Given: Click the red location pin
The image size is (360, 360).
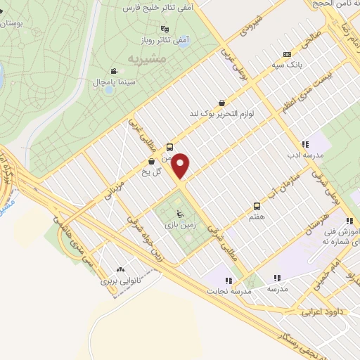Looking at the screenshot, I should pos(181,165).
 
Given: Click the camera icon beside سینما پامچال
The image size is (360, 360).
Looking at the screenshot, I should pos(113,71).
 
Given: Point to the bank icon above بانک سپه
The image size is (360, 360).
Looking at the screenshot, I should pos(286,54).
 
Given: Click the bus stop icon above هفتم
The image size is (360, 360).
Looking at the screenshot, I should pos(257,206).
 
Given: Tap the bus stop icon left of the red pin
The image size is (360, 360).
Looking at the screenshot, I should pos(169,148).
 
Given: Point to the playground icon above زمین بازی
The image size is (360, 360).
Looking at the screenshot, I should pos(179,213).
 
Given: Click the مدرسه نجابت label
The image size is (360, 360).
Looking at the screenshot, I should pos(227,290).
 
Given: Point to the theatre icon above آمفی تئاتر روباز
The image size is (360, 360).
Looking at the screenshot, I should pos(165,29).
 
